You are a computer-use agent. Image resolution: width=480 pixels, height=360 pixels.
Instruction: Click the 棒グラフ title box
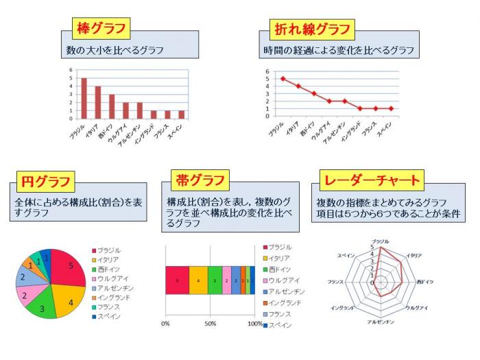tap(101, 29)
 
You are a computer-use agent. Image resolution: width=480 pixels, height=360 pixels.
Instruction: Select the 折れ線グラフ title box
tap(313, 29)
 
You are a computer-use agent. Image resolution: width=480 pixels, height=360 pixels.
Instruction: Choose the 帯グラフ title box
tap(201, 180)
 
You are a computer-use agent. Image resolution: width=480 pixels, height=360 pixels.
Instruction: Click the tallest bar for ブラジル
tap(84, 98)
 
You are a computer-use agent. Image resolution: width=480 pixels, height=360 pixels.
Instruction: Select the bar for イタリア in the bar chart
tap(98, 102)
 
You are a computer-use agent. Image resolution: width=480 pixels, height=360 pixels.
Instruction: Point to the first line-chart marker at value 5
tap(283, 78)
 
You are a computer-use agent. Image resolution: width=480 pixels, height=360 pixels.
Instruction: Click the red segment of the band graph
tap(177, 280)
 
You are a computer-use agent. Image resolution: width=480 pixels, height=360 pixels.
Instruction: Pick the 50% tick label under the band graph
tap(210, 323)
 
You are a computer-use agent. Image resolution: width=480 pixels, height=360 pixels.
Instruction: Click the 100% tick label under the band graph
tap(254, 323)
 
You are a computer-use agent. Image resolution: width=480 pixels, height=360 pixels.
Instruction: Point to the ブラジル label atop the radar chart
tap(379, 241)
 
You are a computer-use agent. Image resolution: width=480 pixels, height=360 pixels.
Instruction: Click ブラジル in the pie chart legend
tap(109, 250)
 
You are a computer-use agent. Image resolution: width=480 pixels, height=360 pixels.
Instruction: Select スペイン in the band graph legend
tap(281, 324)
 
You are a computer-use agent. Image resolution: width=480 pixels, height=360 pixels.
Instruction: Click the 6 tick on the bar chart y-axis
tap(70, 71)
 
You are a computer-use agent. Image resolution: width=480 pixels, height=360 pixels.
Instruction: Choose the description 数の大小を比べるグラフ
tap(110, 51)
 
